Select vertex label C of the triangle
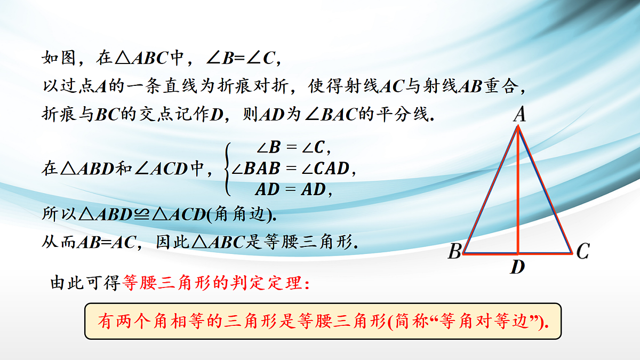point(582,251)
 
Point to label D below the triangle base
point(517,267)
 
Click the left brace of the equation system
point(228,169)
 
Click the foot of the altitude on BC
point(518,253)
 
